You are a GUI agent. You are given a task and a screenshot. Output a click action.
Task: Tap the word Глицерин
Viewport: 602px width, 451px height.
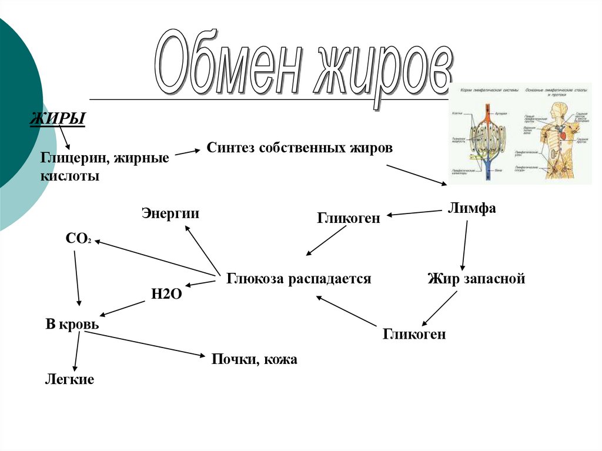click(x=73, y=158)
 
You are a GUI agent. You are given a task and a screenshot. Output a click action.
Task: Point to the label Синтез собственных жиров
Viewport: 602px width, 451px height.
click(x=299, y=148)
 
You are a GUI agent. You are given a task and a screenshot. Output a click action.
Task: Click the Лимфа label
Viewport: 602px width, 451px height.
click(x=472, y=208)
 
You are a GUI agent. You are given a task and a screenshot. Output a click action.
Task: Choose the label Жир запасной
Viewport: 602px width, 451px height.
click(x=476, y=279)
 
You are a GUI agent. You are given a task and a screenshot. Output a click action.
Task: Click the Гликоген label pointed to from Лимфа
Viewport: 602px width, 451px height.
click(x=349, y=218)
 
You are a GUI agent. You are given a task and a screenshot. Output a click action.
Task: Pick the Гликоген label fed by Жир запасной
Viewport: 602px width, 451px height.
click(x=414, y=335)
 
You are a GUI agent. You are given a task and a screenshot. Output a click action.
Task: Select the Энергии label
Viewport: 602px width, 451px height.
click(x=170, y=213)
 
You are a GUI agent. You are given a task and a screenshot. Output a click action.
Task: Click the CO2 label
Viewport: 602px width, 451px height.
click(x=78, y=239)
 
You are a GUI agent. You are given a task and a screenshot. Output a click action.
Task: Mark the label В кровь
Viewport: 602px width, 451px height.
click(x=72, y=324)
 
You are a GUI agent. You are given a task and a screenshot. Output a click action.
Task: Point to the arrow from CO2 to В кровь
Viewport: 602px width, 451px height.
click(x=77, y=276)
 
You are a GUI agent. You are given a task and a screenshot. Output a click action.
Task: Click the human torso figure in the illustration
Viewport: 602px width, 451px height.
click(x=557, y=141)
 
